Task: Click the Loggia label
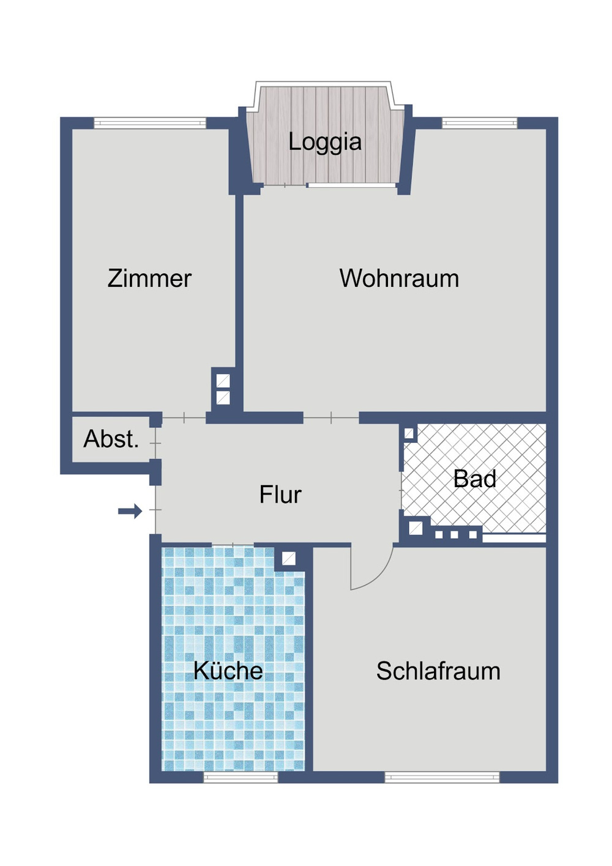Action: (x=325, y=142)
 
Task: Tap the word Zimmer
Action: (x=149, y=278)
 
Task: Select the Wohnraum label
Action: (x=399, y=278)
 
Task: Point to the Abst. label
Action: (x=111, y=439)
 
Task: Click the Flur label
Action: (x=280, y=495)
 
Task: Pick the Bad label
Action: (x=474, y=479)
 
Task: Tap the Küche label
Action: (x=228, y=671)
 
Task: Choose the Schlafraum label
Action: (x=438, y=671)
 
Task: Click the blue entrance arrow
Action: (x=130, y=511)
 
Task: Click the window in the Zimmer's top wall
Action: (x=149, y=122)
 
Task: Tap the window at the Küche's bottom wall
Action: (x=240, y=777)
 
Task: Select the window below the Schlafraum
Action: (x=442, y=777)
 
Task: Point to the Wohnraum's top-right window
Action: (x=479, y=122)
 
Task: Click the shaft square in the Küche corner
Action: (x=289, y=558)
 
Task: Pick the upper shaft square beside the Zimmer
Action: (x=223, y=381)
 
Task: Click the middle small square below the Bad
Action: (x=454, y=535)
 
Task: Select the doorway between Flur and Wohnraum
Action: (x=331, y=418)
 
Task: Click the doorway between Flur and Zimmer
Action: (x=184, y=418)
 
